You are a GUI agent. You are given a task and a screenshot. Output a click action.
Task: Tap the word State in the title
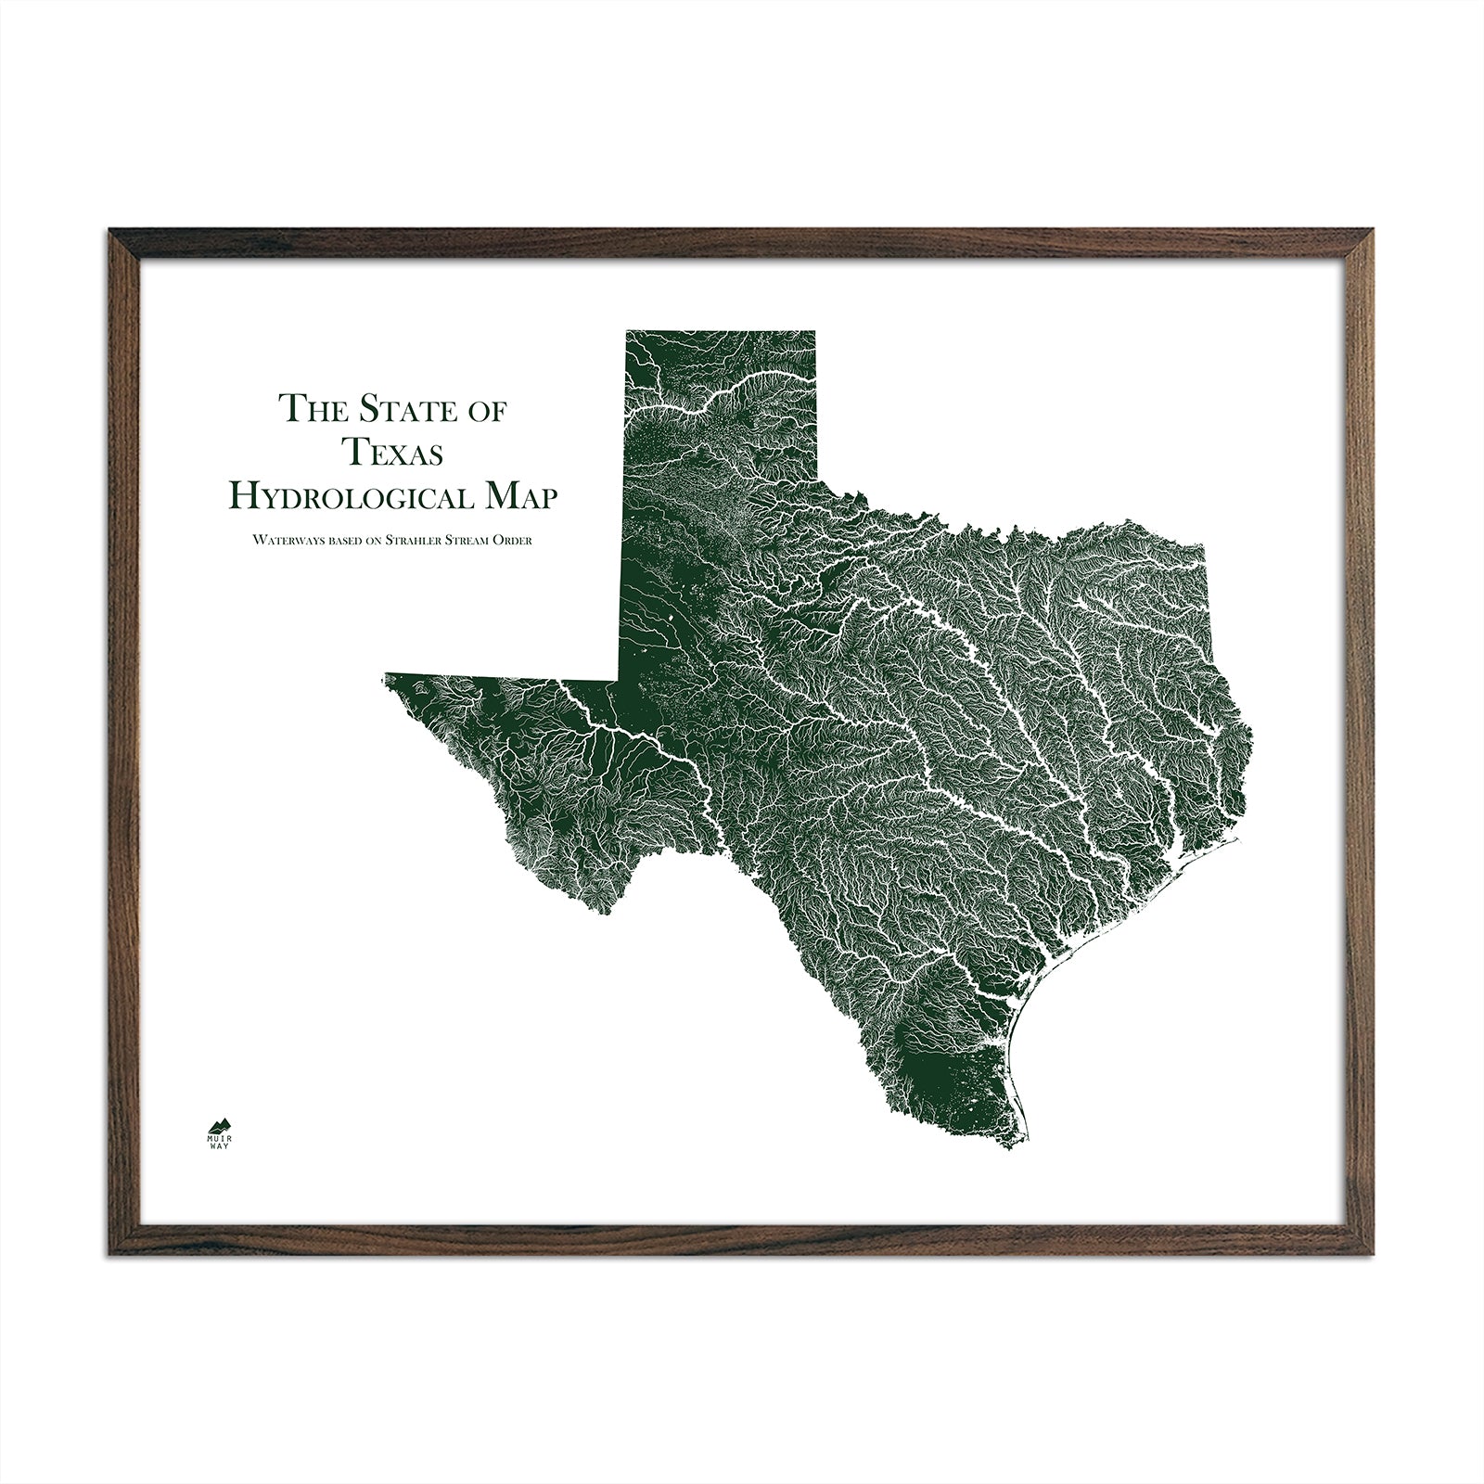404,409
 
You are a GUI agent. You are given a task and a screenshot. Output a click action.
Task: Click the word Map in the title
522,497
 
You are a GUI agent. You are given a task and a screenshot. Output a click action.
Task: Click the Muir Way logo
219,1127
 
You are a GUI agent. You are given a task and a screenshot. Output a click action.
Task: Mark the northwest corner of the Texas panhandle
626,330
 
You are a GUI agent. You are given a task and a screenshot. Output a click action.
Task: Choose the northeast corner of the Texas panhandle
815,330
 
